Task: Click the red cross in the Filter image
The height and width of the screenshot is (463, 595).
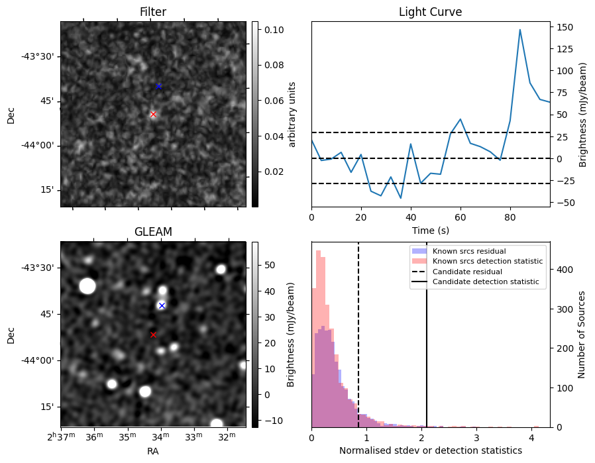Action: coord(153,115)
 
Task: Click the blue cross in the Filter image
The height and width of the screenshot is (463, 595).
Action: coord(158,87)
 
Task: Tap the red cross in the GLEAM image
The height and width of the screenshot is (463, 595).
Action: coord(153,335)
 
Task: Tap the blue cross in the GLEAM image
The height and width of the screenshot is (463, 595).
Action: coord(162,305)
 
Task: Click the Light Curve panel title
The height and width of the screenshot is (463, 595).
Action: coord(430,12)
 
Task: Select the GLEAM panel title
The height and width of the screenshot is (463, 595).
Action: coord(153,232)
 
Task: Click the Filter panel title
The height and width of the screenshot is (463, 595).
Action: coord(153,12)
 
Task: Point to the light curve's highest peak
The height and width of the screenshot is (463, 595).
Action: coord(520,30)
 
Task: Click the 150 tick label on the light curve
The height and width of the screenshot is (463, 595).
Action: coord(565,27)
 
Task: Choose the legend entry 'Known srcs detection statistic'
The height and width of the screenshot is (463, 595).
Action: coord(487,262)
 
